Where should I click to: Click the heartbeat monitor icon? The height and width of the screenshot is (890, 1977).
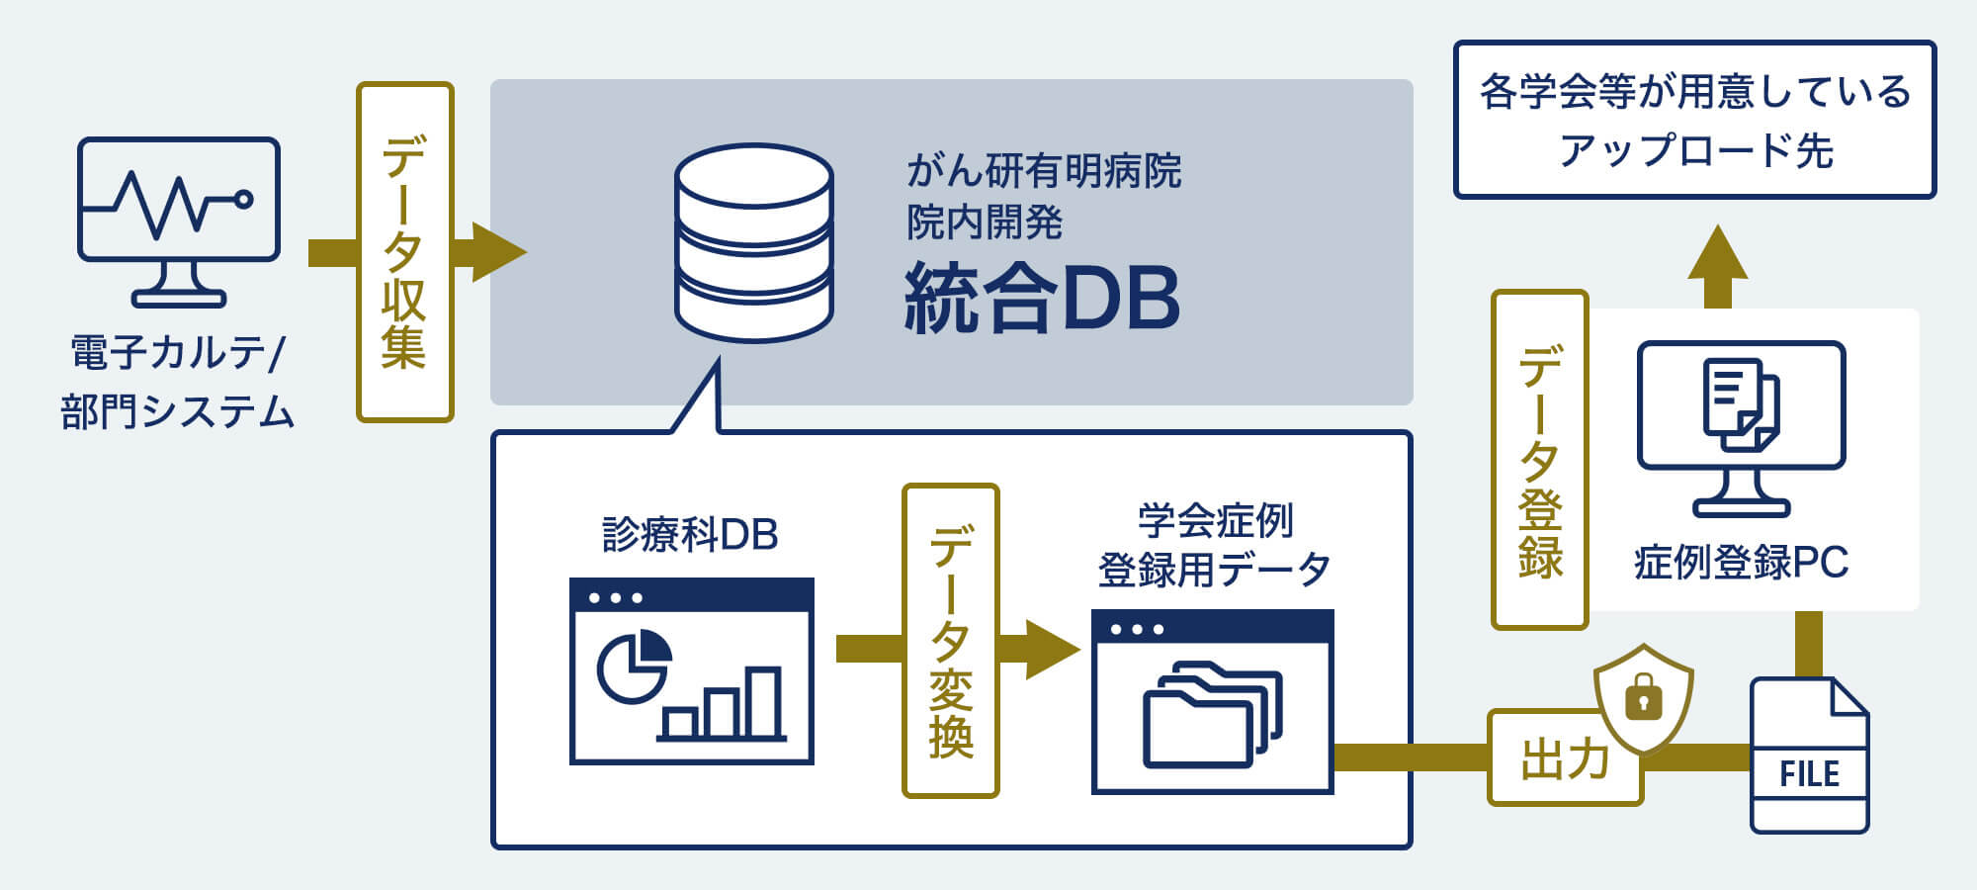coord(179,220)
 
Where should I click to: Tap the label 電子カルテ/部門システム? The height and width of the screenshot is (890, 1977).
coord(178,382)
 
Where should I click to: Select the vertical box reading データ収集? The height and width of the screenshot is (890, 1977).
coord(404,252)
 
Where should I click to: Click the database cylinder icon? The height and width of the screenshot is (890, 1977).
coord(753,242)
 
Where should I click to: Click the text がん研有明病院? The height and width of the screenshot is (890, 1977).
coord(1044,171)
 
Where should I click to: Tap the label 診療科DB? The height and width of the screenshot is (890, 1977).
coord(690,535)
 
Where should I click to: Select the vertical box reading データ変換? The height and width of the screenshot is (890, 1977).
coord(950,641)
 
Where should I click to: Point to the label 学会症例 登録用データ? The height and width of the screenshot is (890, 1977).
coord(1214,545)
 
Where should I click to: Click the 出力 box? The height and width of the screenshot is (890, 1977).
coord(1564,758)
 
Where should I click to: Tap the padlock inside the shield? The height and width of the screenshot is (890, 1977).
coord(1643,698)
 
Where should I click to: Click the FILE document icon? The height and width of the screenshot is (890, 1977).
coord(1809,756)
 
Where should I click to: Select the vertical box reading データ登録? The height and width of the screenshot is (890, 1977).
coord(1539,460)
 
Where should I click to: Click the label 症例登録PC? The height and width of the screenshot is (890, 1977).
coord(1741,563)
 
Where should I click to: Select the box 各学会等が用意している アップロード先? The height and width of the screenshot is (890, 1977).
coord(1694,120)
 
